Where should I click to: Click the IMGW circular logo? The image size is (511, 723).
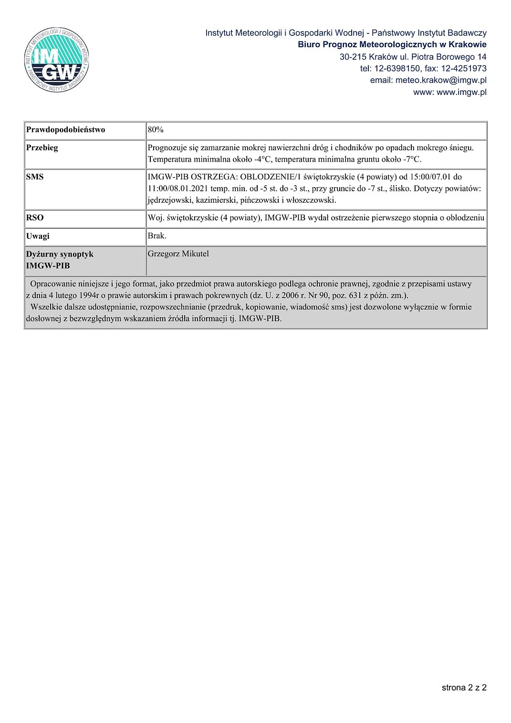[56, 60]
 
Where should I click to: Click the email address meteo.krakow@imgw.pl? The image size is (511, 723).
[441, 80]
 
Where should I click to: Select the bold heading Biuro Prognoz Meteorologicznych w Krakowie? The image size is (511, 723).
[392, 44]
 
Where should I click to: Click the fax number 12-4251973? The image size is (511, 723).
[463, 68]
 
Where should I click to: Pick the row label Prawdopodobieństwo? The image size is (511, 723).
[66, 130]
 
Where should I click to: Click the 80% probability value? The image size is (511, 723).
[156, 130]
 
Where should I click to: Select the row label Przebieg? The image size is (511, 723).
[42, 148]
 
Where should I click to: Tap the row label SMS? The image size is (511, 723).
[35, 177]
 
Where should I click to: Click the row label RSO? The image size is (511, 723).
[35, 218]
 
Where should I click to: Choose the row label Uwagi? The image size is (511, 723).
[38, 236]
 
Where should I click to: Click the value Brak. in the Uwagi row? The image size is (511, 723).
[157, 236]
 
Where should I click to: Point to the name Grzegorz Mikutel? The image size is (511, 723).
[178, 254]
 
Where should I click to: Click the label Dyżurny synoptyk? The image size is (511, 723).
[60, 254]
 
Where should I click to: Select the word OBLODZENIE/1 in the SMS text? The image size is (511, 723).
[271, 177]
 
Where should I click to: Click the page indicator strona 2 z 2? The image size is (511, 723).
[464, 687]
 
